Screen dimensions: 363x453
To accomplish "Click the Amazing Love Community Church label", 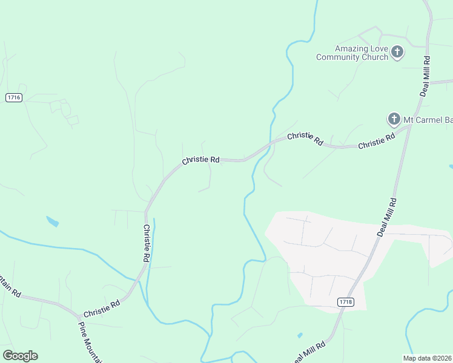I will (352, 53).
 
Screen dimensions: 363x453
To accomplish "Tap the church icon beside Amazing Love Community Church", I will (397, 52).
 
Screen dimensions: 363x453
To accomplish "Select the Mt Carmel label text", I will (428, 120).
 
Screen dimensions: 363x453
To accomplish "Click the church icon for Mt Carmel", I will (394, 119).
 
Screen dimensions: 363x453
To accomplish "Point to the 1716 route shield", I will (14, 97).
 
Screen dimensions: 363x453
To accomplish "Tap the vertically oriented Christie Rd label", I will (146, 243).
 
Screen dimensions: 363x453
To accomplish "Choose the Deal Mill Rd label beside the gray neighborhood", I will (386, 217).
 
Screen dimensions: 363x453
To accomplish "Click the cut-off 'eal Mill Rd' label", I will (310, 351).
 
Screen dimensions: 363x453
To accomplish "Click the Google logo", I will (20, 356).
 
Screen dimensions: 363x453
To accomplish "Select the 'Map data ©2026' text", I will (428, 358).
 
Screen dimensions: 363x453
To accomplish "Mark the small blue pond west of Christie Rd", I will (53, 221).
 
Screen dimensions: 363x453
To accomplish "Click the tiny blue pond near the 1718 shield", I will (300, 335).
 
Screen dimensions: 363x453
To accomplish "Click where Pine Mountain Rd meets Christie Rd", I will (79, 316).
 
